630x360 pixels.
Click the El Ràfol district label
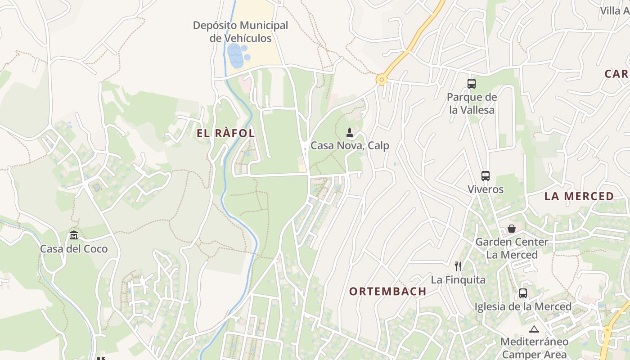click(226, 133)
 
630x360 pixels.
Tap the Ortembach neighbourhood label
click(388, 291)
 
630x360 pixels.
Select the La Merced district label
click(579, 196)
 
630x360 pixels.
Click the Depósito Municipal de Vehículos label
click(240, 32)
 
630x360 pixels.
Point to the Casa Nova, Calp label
click(350, 146)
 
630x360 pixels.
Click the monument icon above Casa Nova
click(350, 133)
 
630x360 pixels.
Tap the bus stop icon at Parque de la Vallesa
click(472, 84)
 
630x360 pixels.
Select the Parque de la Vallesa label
click(472, 103)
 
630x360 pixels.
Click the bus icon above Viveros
click(485, 176)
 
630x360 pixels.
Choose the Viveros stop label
click(485, 189)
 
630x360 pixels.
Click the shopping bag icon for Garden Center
click(512, 229)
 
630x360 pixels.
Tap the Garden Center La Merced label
click(512, 248)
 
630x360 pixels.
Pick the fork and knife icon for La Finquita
click(458, 266)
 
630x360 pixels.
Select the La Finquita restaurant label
click(458, 280)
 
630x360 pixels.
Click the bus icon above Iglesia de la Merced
click(523, 293)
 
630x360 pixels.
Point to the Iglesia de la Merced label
click(523, 306)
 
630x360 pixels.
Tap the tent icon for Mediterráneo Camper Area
click(534, 329)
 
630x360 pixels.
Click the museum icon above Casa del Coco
click(74, 235)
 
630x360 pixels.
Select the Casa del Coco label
click(74, 249)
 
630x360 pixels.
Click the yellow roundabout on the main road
click(382, 80)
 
